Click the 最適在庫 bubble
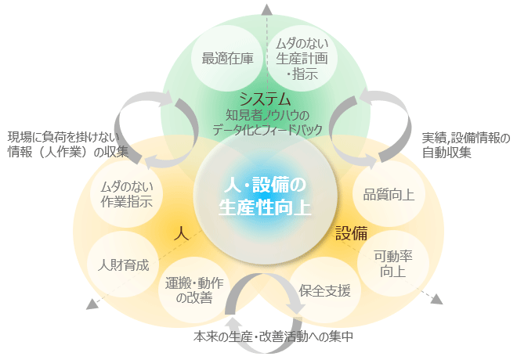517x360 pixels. tap(227, 59)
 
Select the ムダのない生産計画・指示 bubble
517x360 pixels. tap(302, 58)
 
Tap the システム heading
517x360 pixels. tap(266, 99)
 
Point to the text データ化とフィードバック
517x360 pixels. tap(267, 130)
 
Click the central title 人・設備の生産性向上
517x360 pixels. tap(265, 196)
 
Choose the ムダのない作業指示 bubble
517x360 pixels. tap(127, 194)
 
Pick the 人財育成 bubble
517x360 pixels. tap(123, 265)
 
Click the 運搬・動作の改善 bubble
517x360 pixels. tap(194, 290)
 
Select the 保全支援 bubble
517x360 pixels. tap(325, 290)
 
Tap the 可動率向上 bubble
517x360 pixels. tap(393, 264)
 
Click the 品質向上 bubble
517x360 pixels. tap(389, 194)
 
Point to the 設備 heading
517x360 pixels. tap(352, 233)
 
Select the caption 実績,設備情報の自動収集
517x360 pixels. tap(466, 146)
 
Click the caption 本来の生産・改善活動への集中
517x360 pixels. tap(273, 337)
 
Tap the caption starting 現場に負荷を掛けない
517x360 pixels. tap(68, 144)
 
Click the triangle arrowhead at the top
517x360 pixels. tap(267, 10)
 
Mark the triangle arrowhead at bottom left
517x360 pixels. tap(92, 304)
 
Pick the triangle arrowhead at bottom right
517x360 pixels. tap(437, 299)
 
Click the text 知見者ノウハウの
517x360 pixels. tap(267, 115)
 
